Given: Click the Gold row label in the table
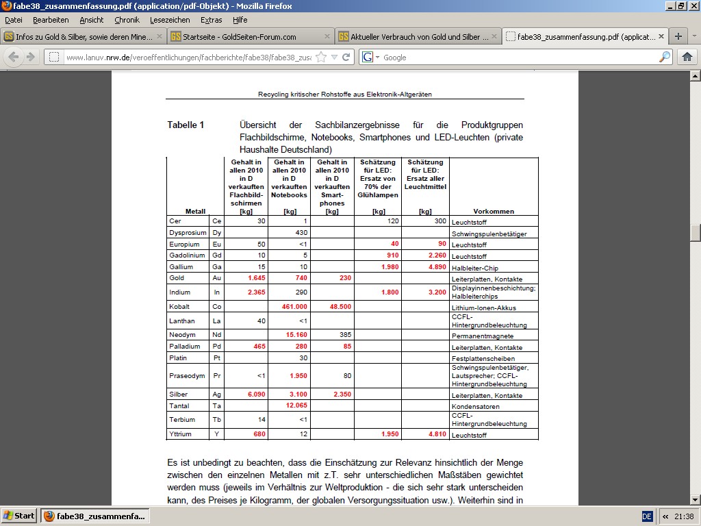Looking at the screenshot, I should [177, 278].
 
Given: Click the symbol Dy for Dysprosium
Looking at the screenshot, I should [217, 233].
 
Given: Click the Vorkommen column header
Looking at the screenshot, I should [494, 212].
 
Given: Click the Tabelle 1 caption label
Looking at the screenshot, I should [186, 125].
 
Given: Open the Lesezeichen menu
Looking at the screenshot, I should [170, 20].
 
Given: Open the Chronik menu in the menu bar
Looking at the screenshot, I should [127, 20].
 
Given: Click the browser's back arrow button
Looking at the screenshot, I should [13, 58].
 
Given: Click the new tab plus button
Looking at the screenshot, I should [678, 36].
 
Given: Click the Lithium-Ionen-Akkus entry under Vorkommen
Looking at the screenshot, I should [482, 308].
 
